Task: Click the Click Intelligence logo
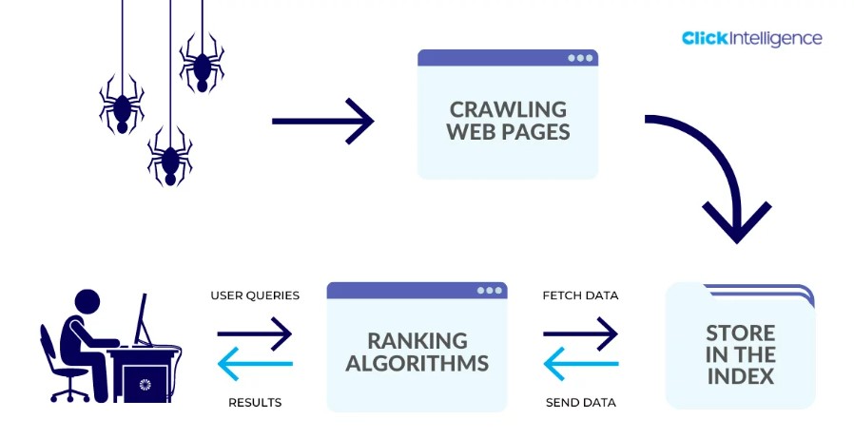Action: point(751,39)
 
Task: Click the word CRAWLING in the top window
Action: point(508,109)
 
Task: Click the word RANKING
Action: point(417,340)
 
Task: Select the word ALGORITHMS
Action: point(417,363)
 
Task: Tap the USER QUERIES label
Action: point(255,295)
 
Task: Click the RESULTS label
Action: point(255,403)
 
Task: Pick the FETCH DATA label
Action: point(580,295)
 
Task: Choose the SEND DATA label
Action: point(580,403)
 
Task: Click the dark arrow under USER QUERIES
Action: point(255,333)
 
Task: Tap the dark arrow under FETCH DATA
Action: point(580,333)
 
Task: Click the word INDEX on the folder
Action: point(741,375)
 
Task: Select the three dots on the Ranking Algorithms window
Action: point(489,290)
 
